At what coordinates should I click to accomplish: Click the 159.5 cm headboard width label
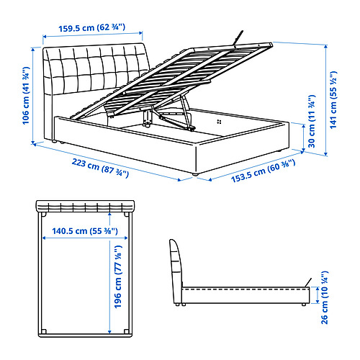92,27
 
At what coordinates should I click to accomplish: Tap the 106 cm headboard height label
26,96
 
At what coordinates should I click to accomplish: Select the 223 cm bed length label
100,168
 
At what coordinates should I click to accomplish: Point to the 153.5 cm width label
263,171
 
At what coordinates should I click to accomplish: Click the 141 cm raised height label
333,100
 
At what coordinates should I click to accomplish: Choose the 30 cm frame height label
312,121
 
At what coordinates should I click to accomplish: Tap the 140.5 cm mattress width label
85,231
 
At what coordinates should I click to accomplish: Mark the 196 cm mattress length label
118,276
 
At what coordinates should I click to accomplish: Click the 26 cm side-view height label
324,297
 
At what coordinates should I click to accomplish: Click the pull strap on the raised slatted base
239,37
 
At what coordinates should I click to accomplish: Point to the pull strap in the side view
308,282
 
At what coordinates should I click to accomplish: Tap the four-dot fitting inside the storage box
219,122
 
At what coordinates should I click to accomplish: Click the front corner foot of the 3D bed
195,174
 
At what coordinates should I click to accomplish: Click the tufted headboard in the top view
85,207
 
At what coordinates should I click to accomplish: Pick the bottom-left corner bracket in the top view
44,331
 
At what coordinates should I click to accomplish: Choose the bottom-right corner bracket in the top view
127,331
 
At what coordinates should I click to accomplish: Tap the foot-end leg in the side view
304,305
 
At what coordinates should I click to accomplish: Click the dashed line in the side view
246,289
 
